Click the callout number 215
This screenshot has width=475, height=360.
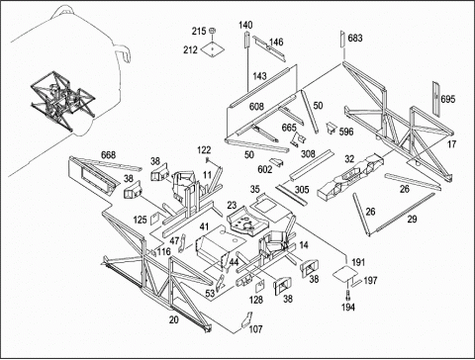tap(199, 32)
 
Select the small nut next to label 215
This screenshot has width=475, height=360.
tap(213, 31)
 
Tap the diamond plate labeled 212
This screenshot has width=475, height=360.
tap(213, 49)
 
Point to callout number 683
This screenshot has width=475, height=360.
tap(355, 39)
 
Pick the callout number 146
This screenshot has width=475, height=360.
tap(276, 43)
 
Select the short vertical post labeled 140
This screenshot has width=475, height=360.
tap(245, 40)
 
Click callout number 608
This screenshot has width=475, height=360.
tap(256, 107)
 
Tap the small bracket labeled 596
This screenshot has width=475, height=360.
tap(331, 128)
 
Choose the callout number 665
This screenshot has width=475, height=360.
tap(289, 128)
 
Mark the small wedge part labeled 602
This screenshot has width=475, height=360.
tap(277, 162)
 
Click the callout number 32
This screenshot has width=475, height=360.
tap(349, 159)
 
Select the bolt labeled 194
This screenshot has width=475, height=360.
tap(347, 294)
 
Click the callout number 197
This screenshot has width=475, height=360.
tap(370, 281)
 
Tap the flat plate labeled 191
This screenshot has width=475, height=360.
tap(345, 273)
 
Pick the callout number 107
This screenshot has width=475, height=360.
tap(255, 329)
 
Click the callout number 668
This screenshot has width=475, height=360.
tap(108, 155)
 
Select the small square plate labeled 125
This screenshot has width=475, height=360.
tap(154, 219)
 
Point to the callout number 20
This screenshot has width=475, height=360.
tap(174, 319)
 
